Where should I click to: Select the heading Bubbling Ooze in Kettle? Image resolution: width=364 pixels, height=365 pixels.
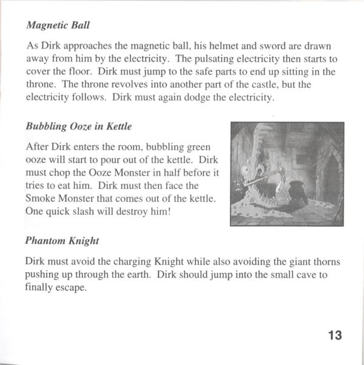click(78, 127)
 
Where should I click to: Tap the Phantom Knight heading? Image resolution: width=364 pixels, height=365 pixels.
click(62, 239)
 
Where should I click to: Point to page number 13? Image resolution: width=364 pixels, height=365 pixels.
click(334, 334)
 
